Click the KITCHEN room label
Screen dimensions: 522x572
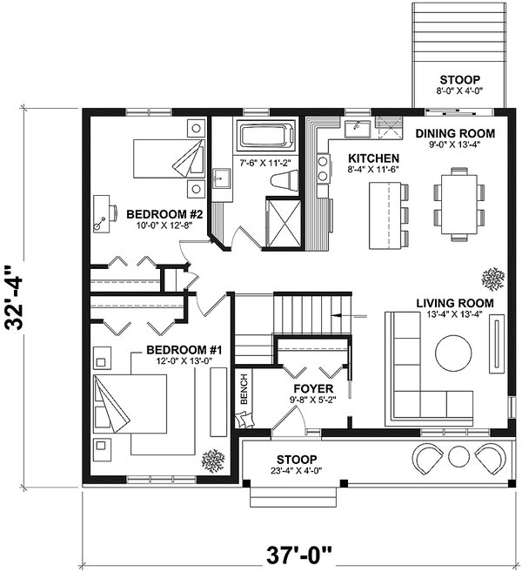pyautogui.click(x=373, y=158)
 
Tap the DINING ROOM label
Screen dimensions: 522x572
pyautogui.click(x=455, y=133)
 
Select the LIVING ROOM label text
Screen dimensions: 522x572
pyautogui.click(x=455, y=303)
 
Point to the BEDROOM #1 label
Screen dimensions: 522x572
pyautogui.click(x=184, y=350)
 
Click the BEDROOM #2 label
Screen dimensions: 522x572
pyautogui.click(x=164, y=214)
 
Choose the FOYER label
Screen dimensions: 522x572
pyautogui.click(x=313, y=388)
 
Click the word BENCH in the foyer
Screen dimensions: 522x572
pyautogui.click(x=244, y=389)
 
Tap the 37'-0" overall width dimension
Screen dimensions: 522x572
pyautogui.click(x=299, y=555)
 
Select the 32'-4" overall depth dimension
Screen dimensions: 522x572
pyautogui.click(x=16, y=298)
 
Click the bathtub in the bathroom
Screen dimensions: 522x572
pyautogui.click(x=266, y=136)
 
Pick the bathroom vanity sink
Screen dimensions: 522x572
pyautogui.click(x=221, y=178)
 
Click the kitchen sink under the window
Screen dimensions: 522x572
pyautogui.click(x=358, y=127)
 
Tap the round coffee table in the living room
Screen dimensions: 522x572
pyautogui.click(x=453, y=353)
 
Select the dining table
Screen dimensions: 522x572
pyautogui.click(x=459, y=205)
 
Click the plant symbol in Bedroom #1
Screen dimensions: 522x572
pyautogui.click(x=213, y=461)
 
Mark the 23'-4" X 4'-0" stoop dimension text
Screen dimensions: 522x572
pyautogui.click(x=296, y=471)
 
